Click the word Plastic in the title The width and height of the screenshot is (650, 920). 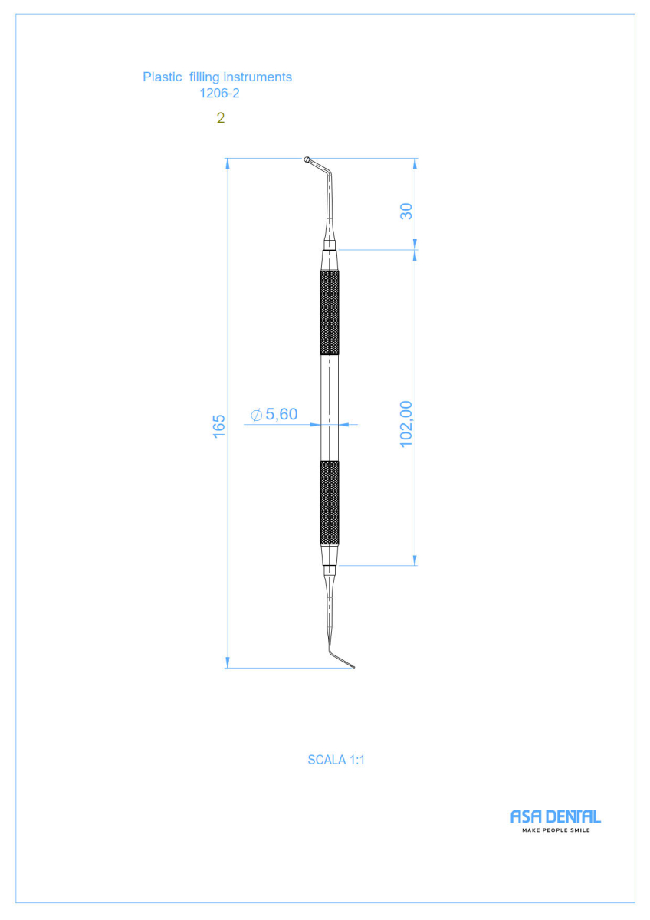click(162, 77)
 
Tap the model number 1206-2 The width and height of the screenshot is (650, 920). click(219, 94)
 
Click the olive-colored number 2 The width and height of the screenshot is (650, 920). click(221, 118)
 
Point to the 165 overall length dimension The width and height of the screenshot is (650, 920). click(219, 426)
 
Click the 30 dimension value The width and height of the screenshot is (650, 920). click(406, 212)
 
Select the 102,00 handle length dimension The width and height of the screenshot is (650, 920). click(405, 424)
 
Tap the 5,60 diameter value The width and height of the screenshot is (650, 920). click(281, 414)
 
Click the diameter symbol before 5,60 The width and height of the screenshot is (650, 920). click(256, 416)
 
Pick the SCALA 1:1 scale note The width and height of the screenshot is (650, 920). click(336, 761)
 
